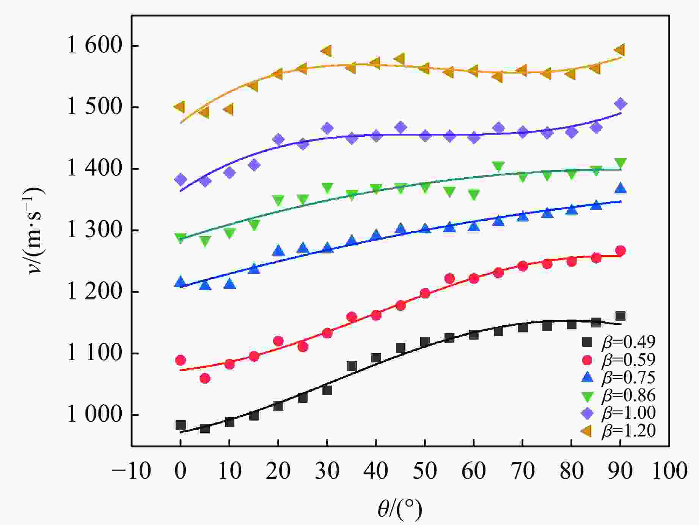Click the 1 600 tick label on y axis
coord(95,46)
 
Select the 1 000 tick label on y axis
coord(95,415)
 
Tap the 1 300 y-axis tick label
coord(95,230)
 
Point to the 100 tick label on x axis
coord(669,471)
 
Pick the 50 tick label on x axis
coord(425,471)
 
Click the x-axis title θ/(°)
coord(400,509)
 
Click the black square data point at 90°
coord(620,316)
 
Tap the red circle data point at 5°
coord(205,378)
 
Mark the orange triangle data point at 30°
coord(327,51)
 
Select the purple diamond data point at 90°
coord(620,104)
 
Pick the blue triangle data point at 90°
coord(620,188)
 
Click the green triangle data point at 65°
coord(498,166)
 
